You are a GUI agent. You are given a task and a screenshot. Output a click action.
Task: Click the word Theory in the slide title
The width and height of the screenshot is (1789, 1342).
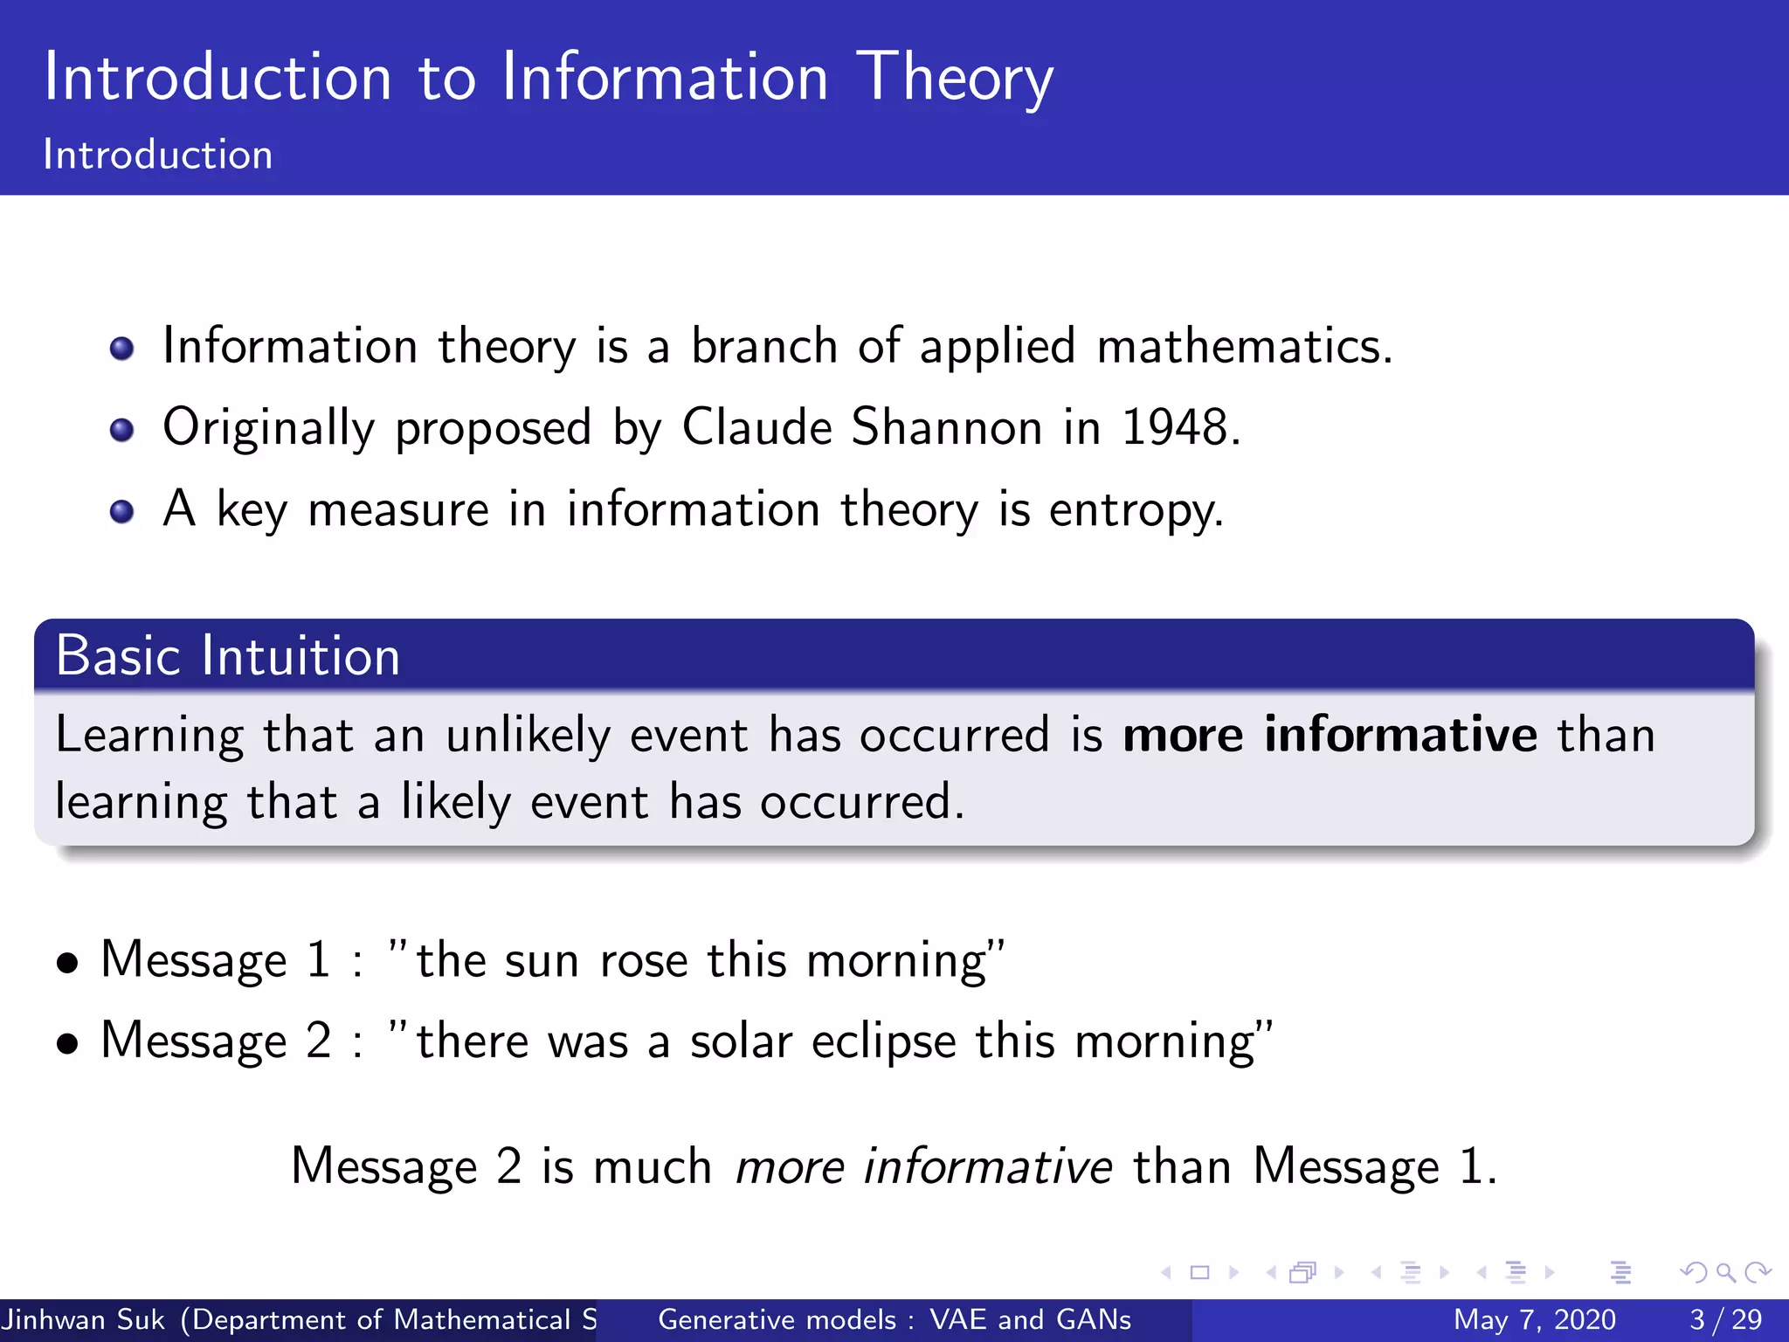[954, 79]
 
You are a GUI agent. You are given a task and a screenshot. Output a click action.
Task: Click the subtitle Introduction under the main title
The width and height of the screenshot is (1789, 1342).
[158, 156]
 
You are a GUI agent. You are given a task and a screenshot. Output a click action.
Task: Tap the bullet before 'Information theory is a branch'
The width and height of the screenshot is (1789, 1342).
[122, 349]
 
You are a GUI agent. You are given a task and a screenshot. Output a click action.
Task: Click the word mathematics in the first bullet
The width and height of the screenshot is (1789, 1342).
[1243, 347]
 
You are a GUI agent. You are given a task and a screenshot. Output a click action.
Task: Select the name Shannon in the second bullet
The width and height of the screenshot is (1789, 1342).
[946, 428]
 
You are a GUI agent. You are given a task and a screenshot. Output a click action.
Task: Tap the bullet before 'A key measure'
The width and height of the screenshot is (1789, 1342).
[122, 511]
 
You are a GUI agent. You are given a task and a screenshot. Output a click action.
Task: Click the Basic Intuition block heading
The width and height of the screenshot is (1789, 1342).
[228, 655]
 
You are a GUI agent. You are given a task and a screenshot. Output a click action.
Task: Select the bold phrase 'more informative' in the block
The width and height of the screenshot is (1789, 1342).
[1330, 734]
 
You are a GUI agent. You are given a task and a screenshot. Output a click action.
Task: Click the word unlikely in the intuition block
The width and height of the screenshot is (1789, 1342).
[528, 736]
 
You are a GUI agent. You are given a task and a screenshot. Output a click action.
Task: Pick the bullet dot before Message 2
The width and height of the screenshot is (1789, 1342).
[67, 1043]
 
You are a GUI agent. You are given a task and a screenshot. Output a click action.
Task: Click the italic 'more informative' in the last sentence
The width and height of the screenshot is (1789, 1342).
[923, 1166]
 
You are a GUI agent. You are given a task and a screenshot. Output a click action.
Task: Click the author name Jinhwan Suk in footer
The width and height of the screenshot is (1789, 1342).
[84, 1319]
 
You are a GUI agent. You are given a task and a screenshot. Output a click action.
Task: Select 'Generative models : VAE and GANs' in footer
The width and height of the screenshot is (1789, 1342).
[894, 1319]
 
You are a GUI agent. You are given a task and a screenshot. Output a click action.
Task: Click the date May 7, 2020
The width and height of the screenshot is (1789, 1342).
[1534, 1319]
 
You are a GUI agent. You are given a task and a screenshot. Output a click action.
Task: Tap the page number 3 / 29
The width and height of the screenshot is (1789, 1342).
[1725, 1319]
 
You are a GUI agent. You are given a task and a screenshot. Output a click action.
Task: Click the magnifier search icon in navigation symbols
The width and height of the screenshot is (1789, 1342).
[1725, 1272]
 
